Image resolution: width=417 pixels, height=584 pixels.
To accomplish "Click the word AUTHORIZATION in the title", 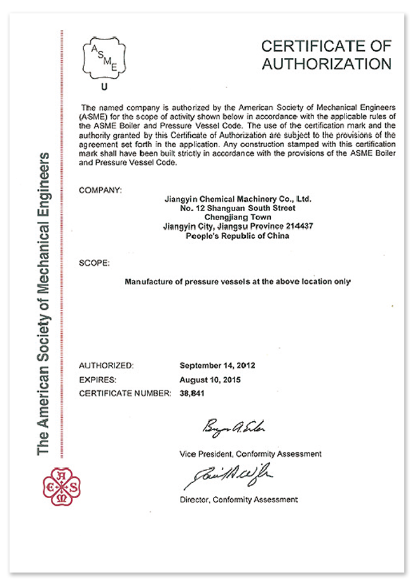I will pos(326,64).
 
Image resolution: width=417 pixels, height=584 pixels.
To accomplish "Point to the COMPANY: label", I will pos(100,190).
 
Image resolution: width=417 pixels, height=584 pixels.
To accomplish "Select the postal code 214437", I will pos(295,226).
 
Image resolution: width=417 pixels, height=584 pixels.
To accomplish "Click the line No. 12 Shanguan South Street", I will pos(237,208).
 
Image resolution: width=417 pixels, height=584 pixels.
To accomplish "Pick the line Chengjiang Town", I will pos(237,217).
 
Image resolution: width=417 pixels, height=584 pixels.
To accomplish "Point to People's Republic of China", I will pos(237,235).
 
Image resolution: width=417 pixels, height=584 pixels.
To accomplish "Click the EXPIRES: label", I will pos(97,380).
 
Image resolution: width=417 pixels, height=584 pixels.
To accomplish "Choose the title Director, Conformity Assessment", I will pos(238,500).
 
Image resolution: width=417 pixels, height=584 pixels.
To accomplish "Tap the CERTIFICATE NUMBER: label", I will pos(125,394).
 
